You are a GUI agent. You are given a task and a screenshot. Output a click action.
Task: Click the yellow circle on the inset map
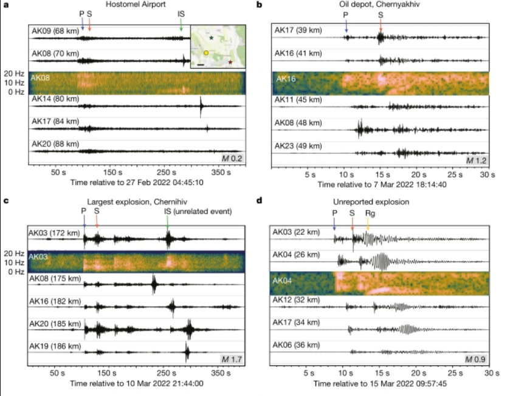206,54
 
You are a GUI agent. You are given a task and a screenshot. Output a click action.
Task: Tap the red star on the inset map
230,62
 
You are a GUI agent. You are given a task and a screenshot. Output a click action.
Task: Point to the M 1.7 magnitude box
232,359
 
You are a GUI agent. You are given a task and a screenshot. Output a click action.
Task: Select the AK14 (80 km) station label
55,99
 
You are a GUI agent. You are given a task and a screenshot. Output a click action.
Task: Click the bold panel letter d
260,201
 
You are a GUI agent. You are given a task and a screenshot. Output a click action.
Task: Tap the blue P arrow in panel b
346,26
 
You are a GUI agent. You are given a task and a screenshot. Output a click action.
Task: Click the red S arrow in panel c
97,223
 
